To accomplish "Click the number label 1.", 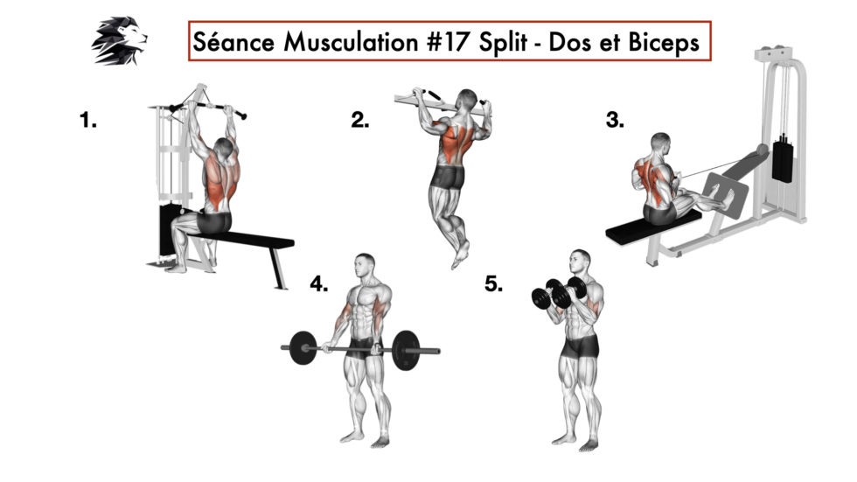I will pyautogui.click(x=88, y=122).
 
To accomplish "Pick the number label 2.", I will pyautogui.click(x=359, y=122).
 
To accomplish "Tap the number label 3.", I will pyautogui.click(x=615, y=122).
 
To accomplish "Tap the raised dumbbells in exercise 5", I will pyautogui.click(x=551, y=294).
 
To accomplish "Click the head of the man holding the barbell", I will pyautogui.click(x=366, y=264).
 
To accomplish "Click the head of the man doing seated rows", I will pyautogui.click(x=661, y=142).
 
